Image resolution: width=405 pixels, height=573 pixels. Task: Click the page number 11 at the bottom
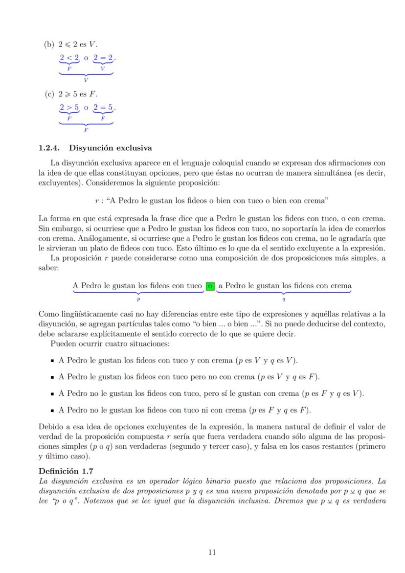tap(212, 553)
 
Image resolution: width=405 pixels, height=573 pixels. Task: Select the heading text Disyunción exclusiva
tap(111, 147)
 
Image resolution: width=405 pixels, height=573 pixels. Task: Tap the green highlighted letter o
tap(210, 285)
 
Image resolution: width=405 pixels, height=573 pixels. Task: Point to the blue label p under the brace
tap(138, 297)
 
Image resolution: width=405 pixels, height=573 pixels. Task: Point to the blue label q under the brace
tap(284, 297)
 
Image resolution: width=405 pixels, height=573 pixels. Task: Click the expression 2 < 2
tap(69, 58)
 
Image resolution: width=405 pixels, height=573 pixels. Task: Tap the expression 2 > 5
tap(69, 106)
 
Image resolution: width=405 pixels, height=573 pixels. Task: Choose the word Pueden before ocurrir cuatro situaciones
tap(63, 344)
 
